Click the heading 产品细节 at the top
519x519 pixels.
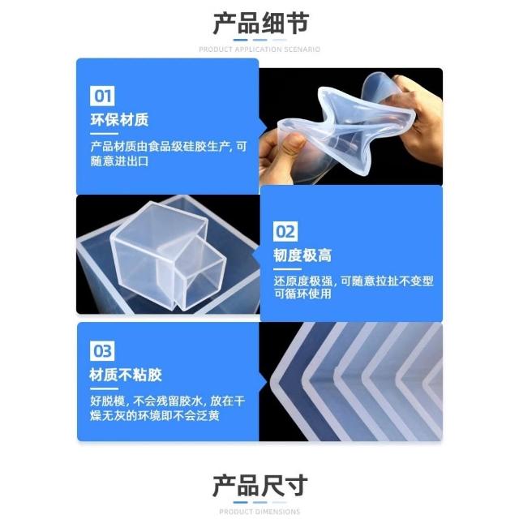(261, 24)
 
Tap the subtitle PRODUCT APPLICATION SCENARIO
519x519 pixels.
(259, 49)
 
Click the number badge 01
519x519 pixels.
(102, 96)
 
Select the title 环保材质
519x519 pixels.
(119, 120)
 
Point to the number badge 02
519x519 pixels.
(285, 232)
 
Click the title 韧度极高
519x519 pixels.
(302, 255)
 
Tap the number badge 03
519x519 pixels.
(102, 351)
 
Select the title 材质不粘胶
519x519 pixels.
(126, 375)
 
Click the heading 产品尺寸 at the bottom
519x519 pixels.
(260, 486)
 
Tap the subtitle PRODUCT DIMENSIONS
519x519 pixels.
(259, 512)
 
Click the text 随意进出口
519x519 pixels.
(119, 161)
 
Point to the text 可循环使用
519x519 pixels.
(302, 294)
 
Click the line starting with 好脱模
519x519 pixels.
(168, 401)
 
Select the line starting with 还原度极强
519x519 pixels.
(354, 281)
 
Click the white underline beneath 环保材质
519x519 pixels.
(104, 134)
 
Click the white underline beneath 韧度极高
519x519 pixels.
(287, 269)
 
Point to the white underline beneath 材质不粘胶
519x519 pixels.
(104, 389)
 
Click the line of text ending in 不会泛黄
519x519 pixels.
(155, 416)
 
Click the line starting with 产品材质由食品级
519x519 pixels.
(169, 146)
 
